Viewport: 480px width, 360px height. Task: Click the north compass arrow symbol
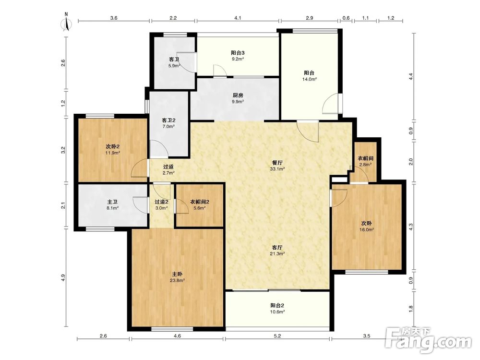[67, 22]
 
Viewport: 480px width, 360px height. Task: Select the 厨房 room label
[238, 95]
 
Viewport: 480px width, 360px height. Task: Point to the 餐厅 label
[277, 163]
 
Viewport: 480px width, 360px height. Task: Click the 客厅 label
[277, 247]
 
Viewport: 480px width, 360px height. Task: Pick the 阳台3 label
[238, 53]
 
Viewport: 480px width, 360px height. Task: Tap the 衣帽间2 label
[200, 202]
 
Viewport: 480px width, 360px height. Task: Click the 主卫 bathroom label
[112, 202]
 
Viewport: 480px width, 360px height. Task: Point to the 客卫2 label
[168, 120]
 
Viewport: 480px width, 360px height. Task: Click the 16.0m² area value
[367, 229]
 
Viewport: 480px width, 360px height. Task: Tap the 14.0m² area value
[310, 79]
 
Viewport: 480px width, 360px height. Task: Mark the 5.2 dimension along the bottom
[277, 336]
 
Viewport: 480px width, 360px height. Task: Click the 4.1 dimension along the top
[238, 18]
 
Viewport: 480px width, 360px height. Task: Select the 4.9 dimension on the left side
[63, 277]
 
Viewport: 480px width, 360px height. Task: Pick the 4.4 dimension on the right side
[411, 76]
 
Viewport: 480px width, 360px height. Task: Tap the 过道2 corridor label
[161, 202]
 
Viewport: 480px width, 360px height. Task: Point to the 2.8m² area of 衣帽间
[365, 165]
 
